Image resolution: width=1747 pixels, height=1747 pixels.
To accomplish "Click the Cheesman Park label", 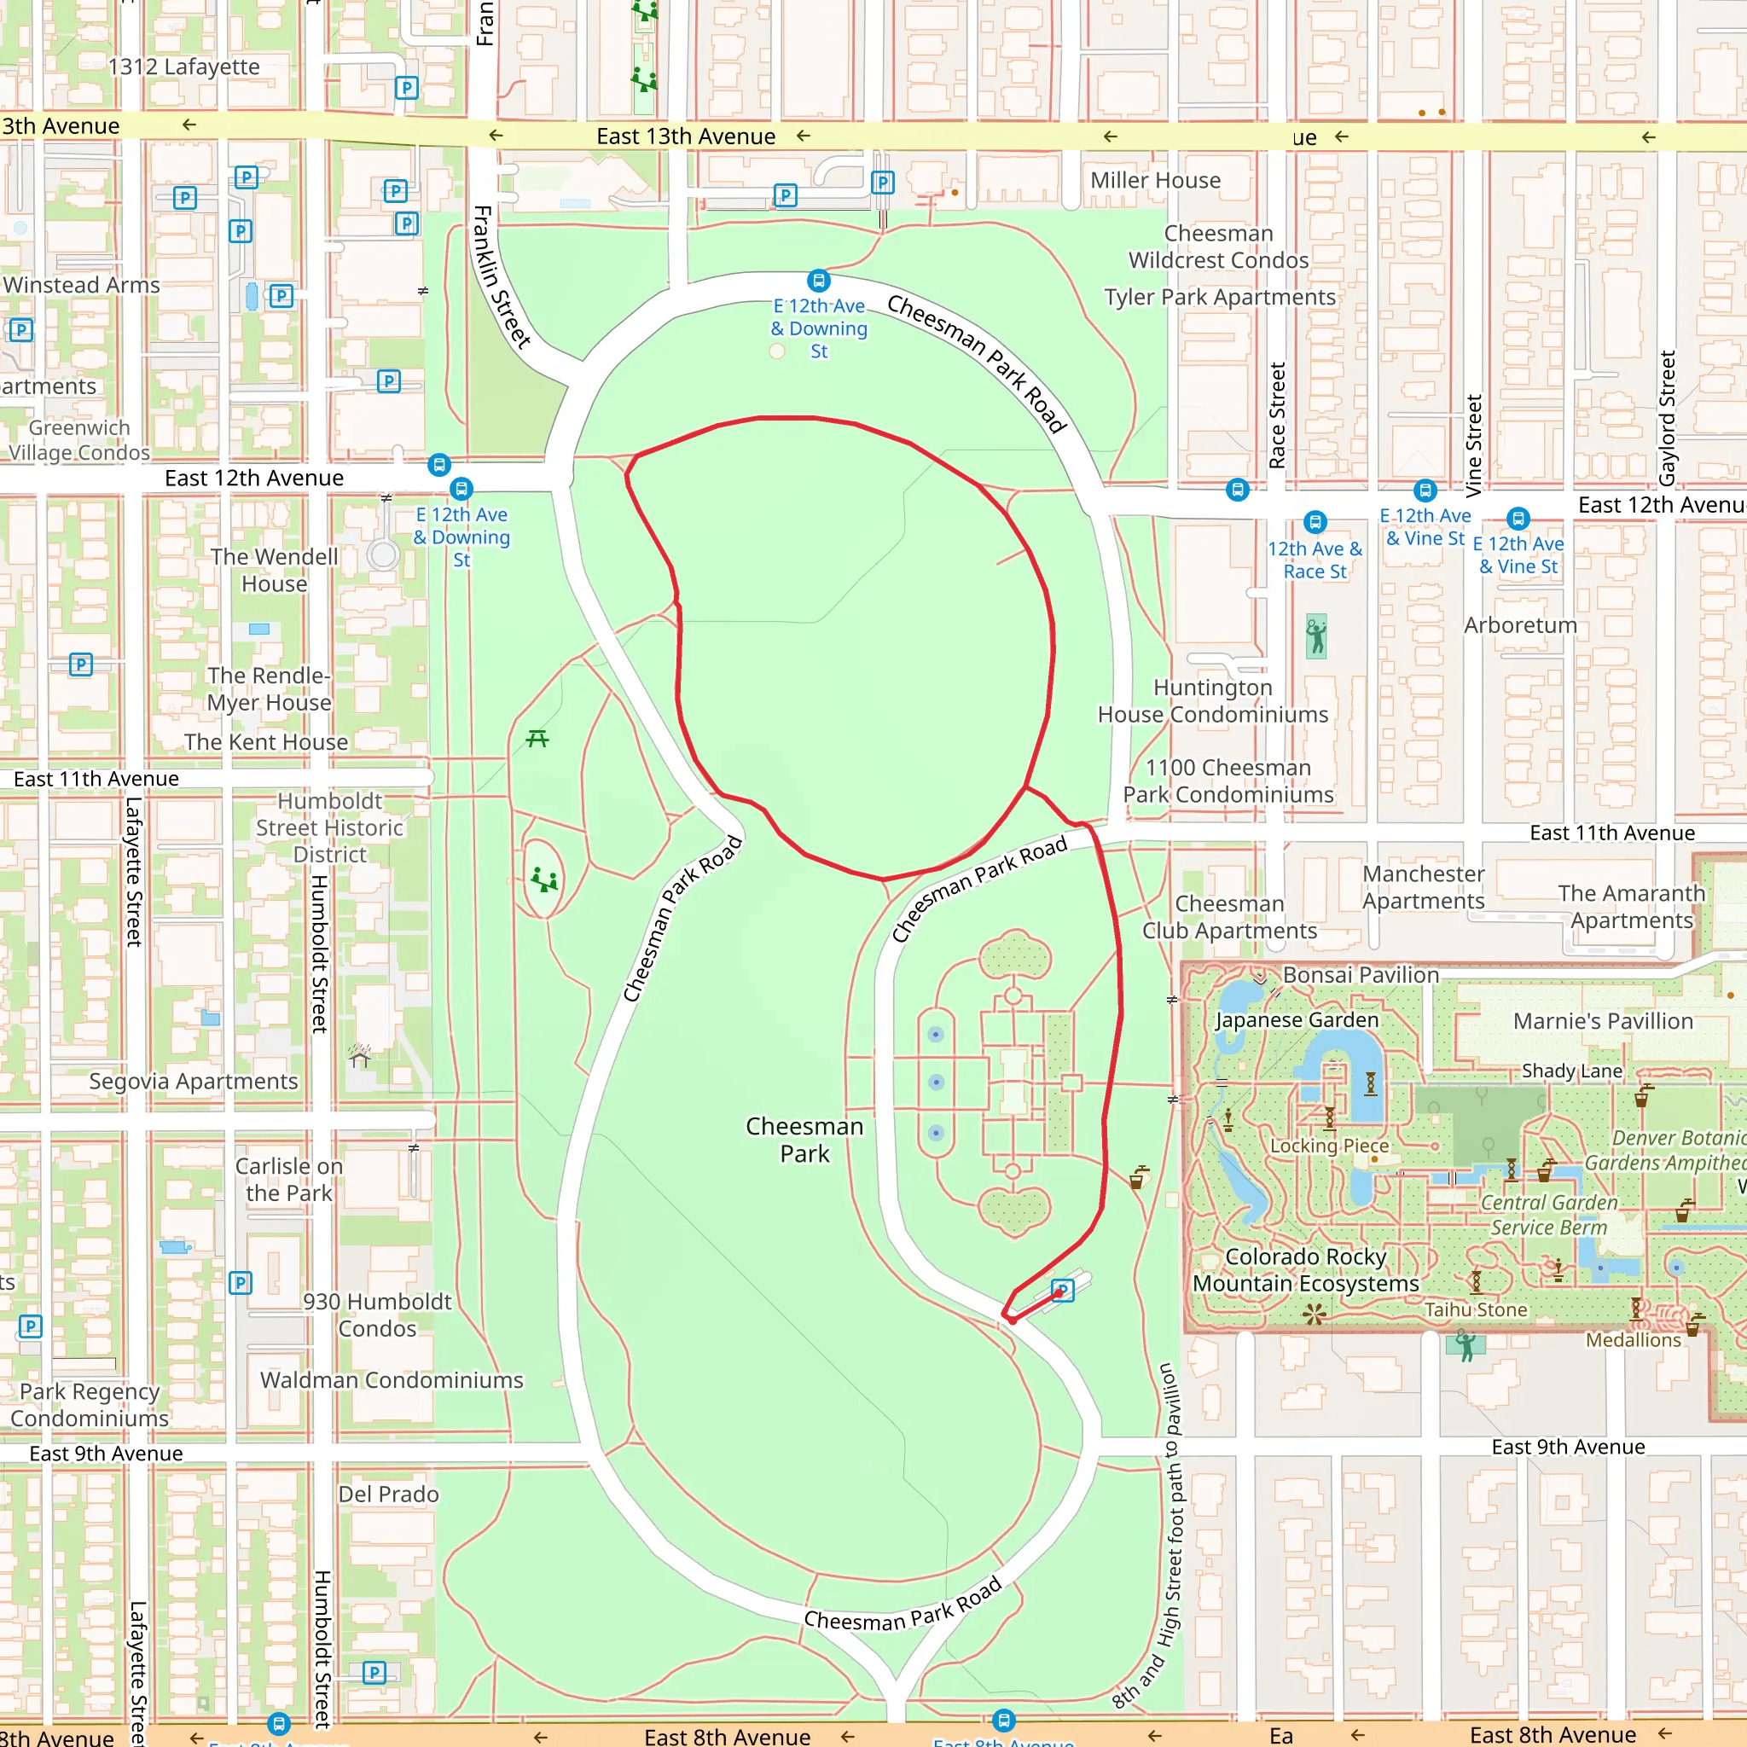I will [x=804, y=1140].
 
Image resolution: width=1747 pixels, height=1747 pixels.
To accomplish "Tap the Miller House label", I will [x=1155, y=181].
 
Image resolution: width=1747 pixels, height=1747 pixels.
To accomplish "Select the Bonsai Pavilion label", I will [x=1360, y=975].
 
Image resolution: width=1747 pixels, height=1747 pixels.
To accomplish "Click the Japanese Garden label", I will [x=1297, y=1020].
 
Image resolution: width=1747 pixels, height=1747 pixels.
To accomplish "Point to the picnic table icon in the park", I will [x=537, y=739].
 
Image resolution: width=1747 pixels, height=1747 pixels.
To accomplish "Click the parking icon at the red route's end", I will [x=1064, y=1291].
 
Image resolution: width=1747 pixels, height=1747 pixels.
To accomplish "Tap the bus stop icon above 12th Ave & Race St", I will [x=1315, y=522].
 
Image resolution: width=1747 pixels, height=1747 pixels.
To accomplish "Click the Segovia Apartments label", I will [x=193, y=1082].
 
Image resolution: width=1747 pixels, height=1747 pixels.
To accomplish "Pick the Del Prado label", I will [x=388, y=1494].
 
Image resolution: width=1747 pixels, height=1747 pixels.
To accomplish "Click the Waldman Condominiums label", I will [x=392, y=1380].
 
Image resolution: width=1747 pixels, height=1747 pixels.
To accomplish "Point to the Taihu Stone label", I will [x=1476, y=1309].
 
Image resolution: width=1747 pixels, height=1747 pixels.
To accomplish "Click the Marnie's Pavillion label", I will [x=1602, y=1022].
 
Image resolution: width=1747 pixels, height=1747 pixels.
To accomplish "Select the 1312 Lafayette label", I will [x=183, y=67].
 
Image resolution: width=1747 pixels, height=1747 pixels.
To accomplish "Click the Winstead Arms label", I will [x=81, y=285].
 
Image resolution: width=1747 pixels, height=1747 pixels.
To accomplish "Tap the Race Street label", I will [x=1277, y=416].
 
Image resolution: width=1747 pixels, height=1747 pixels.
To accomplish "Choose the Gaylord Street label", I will [x=1668, y=418].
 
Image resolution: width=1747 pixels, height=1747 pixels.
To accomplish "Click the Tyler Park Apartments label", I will [x=1219, y=298].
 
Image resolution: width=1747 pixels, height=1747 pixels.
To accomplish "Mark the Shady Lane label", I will [x=1571, y=1071].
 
